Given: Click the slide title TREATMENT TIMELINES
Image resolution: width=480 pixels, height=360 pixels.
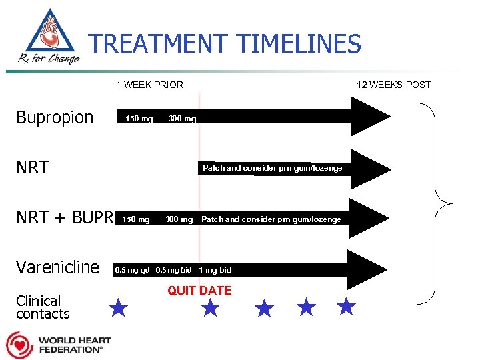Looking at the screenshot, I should point(225,45).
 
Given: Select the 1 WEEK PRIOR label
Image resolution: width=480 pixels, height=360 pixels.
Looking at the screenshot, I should point(149,85).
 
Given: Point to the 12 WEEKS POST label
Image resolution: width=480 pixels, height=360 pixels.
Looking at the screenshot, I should point(393,85).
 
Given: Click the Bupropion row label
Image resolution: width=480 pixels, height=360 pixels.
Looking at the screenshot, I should point(55,117).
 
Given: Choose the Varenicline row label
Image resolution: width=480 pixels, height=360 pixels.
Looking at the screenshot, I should point(57,267).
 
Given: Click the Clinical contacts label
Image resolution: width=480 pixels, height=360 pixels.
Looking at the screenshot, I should point(43,307).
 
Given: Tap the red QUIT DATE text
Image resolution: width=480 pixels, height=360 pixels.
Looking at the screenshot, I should point(199,291).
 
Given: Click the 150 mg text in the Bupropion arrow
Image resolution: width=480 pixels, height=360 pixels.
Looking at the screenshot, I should point(139,119).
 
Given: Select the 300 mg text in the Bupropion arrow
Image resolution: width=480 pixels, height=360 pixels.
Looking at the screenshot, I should point(182,119).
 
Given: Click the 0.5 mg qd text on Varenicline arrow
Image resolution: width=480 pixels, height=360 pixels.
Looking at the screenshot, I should point(133,270).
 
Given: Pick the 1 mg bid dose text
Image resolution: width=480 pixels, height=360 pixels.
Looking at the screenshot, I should point(215,270).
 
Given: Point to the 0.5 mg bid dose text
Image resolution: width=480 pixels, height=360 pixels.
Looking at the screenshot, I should point(174,270).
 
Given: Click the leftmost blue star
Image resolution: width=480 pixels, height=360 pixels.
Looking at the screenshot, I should point(118,307).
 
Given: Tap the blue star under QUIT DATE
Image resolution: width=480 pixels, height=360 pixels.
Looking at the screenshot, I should point(210,307).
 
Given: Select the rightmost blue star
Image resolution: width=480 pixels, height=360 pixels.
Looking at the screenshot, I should point(345,307).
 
